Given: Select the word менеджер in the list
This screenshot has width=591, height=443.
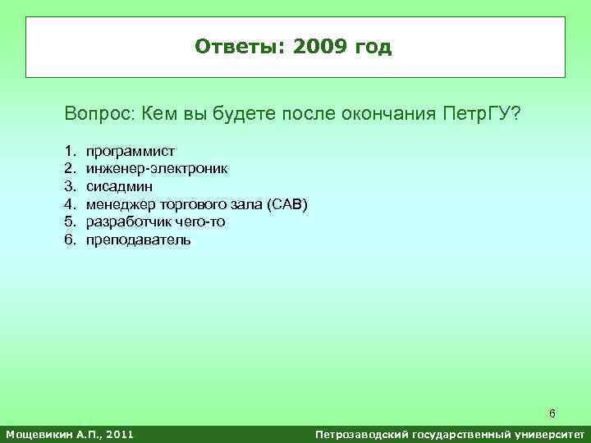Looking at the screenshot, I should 120,204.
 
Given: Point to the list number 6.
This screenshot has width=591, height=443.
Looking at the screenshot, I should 70,240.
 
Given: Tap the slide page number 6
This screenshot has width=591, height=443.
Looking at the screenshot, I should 552,413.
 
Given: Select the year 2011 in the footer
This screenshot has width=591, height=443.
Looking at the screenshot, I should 117,433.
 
